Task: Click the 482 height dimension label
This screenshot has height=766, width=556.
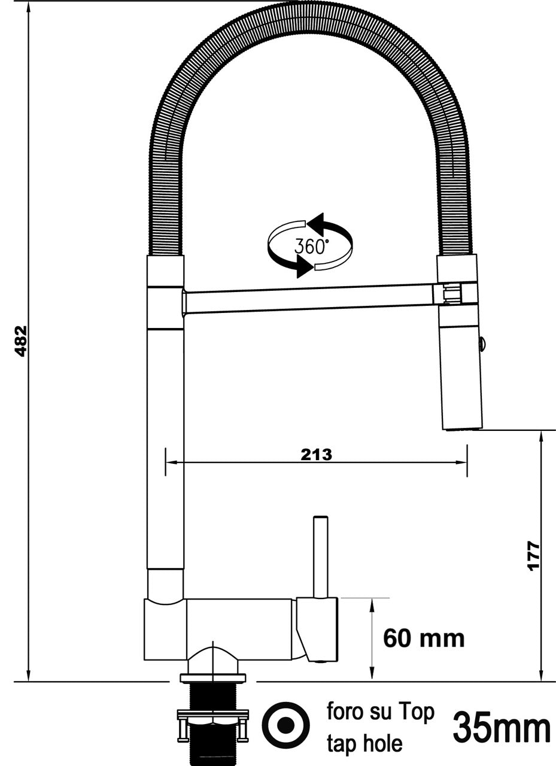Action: pyautogui.click(x=21, y=341)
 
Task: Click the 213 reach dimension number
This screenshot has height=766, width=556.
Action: pyautogui.click(x=316, y=455)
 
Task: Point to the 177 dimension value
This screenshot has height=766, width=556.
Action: pyautogui.click(x=534, y=556)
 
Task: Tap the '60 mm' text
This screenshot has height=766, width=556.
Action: pyautogui.click(x=424, y=639)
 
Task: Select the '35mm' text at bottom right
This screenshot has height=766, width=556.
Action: pyautogui.click(x=502, y=728)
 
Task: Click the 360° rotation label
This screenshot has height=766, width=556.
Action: pyautogui.click(x=311, y=246)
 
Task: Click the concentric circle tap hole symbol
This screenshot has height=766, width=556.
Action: pyautogui.click(x=287, y=725)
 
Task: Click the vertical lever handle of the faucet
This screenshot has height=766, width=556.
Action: pyautogui.click(x=321, y=557)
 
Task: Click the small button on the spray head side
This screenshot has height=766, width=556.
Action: pyautogui.click(x=482, y=343)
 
